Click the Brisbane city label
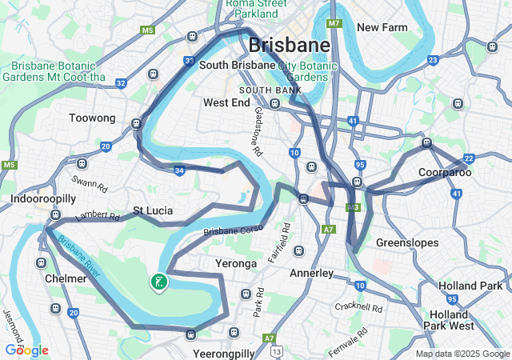[289, 44]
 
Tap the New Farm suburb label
[382, 27]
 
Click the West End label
[226, 102]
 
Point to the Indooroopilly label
[43, 198]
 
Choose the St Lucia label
[153, 211]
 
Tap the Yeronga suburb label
[236, 263]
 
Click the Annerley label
[311, 273]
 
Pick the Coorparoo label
[445, 172]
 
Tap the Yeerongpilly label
[224, 353]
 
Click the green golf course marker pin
[158, 282]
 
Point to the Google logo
[26, 350]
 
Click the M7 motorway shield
[334, 23]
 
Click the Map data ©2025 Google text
[462, 354]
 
